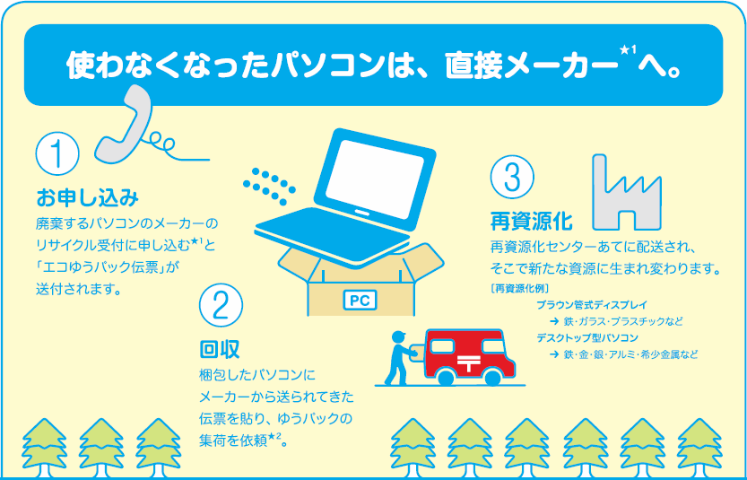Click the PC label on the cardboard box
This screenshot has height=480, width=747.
(x=360, y=301)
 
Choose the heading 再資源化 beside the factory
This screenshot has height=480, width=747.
(x=531, y=222)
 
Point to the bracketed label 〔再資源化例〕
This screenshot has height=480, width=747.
(x=519, y=288)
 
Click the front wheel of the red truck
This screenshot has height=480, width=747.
(x=447, y=377)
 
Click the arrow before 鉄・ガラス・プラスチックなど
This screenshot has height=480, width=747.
(x=554, y=321)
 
